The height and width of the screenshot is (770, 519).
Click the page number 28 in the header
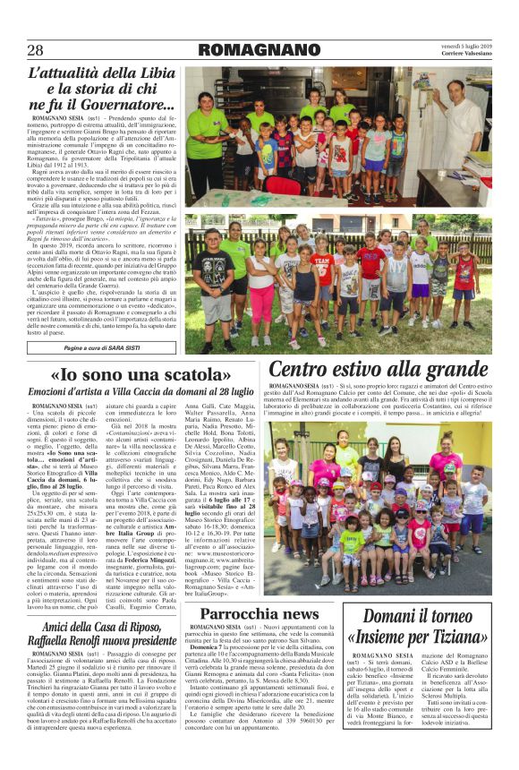click(x=36, y=50)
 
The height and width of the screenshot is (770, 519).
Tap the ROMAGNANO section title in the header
click(x=259, y=50)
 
